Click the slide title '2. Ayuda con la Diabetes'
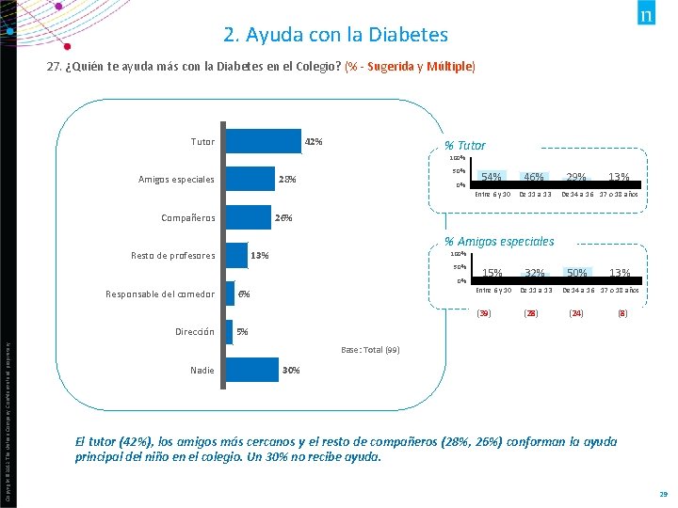[336, 36]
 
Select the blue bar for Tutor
[263, 141]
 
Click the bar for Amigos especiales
[250, 179]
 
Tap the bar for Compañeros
[248, 217]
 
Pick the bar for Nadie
[251, 370]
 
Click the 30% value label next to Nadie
[291, 371]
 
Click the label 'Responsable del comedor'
[159, 294]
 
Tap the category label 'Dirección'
[195, 332]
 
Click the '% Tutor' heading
[465, 146]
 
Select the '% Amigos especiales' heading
[499, 242]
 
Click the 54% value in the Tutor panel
[491, 178]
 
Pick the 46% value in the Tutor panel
[534, 178]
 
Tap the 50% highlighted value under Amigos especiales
[576, 274]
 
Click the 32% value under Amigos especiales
[534, 274]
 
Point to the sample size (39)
[484, 312]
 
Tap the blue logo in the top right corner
[648, 16]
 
